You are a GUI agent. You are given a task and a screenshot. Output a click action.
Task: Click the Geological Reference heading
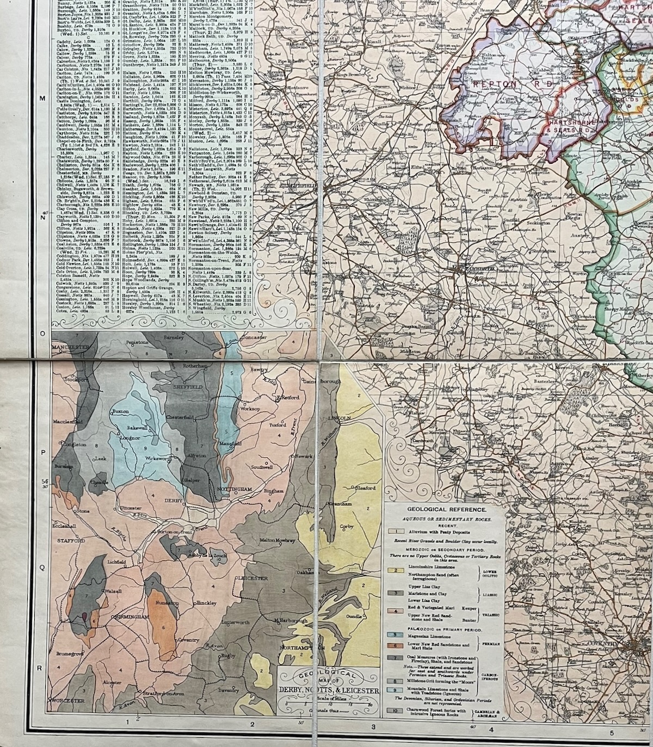tap(445, 509)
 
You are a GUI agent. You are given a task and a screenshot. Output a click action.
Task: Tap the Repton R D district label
tap(512, 84)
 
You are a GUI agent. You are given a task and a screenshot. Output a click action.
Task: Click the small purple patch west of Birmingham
tap(85, 616)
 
